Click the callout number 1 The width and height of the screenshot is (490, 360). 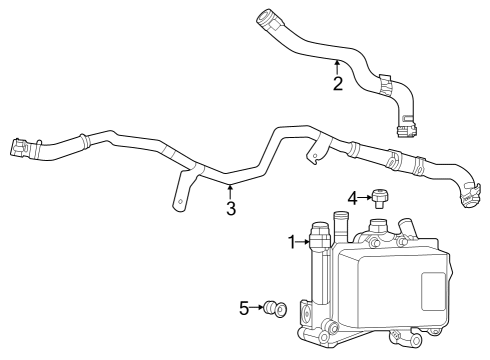click(293, 242)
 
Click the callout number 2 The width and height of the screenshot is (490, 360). click(338, 83)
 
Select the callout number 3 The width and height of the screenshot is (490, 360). click(231, 209)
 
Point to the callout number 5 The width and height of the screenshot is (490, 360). click(245, 308)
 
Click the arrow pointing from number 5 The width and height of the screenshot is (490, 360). click(258, 308)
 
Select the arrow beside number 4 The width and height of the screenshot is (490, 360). click(366, 196)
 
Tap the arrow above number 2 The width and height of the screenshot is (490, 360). click(338, 66)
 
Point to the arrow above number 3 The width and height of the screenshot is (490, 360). click(231, 190)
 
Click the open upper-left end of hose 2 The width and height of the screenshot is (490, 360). click(266, 16)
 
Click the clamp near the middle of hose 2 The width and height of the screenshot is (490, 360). click(386, 82)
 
